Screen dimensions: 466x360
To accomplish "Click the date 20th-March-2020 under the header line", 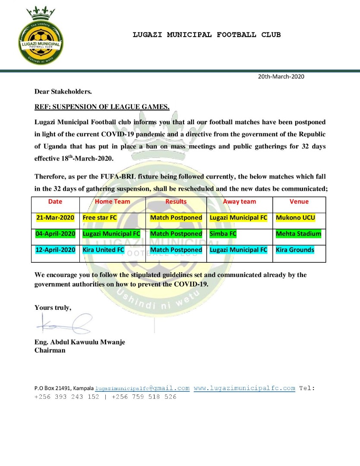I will [x=281, y=77].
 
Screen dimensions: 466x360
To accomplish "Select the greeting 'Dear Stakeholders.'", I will [x=63, y=91].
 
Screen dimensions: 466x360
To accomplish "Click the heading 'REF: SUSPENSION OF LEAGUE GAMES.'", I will [x=102, y=107].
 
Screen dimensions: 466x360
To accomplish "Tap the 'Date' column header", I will [x=55, y=202].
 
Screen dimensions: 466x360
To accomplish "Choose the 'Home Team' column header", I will [x=113, y=202].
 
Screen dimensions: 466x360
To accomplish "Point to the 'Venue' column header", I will [x=299, y=202].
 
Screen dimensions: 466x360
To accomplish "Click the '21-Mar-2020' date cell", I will [x=55, y=218].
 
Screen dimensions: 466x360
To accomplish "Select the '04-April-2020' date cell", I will [x=55, y=234].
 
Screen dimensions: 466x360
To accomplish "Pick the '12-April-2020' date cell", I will [x=55, y=250].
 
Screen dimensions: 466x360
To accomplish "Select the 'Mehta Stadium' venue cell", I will [x=299, y=234].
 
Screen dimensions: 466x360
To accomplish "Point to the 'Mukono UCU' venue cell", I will [x=296, y=218].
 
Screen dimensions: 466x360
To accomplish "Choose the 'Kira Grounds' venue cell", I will [x=295, y=250].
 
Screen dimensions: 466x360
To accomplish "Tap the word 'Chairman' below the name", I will [x=50, y=350].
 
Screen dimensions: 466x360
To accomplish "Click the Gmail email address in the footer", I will [x=142, y=388].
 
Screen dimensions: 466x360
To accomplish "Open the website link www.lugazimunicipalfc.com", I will [x=244, y=388].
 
